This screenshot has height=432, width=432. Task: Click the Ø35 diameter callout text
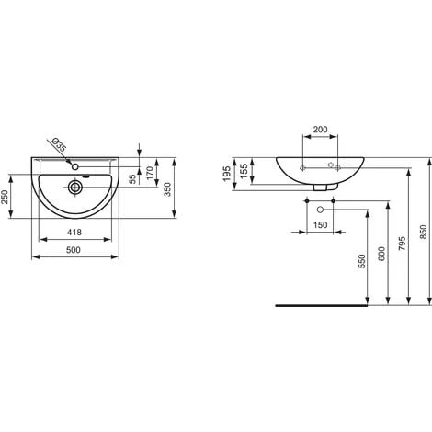[x=59, y=145]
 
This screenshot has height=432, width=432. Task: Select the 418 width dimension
[x=74, y=233]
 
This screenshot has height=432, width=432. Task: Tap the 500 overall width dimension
[x=74, y=250]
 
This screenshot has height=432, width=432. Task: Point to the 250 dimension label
[x=5, y=198]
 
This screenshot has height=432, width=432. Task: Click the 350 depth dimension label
[x=167, y=189]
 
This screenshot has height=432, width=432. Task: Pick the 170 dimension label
[x=150, y=173]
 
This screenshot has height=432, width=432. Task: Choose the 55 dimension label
[x=132, y=179]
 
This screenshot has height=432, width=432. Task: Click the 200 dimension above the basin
[x=320, y=130]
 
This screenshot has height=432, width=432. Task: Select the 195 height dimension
[x=227, y=174]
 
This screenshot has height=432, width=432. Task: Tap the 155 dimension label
[x=244, y=171]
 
